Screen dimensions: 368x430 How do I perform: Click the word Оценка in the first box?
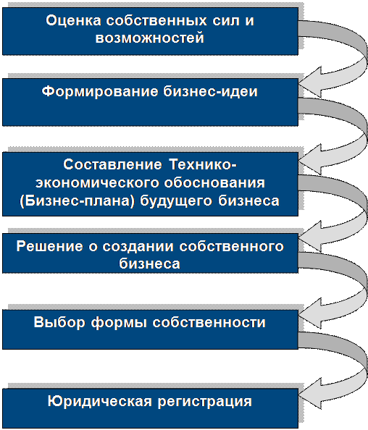click(x=73, y=21)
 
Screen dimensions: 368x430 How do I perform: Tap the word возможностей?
click(x=150, y=38)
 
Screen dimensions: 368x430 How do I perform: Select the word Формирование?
click(x=100, y=92)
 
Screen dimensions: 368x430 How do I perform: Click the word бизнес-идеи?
click(x=211, y=91)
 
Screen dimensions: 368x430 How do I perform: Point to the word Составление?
click(x=112, y=164)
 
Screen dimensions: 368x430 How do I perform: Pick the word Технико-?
click(x=203, y=164)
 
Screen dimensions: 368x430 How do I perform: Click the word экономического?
click(x=97, y=183)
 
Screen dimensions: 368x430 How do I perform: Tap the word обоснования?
click(x=214, y=182)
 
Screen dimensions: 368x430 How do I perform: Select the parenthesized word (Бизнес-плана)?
click(x=78, y=201)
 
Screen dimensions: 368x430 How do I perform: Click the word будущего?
click(x=176, y=201)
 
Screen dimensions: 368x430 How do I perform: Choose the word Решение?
click(x=50, y=246)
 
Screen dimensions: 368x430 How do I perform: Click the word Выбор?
click(x=59, y=323)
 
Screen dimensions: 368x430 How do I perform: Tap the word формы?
click(x=119, y=323)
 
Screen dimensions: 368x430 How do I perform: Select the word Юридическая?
click(x=100, y=402)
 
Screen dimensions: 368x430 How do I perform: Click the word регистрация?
click(x=205, y=402)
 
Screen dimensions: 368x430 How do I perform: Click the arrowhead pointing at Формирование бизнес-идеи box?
click(x=309, y=82)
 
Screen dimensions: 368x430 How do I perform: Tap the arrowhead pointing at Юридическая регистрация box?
click(x=309, y=393)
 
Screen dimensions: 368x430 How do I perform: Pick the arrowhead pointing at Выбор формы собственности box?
click(x=309, y=313)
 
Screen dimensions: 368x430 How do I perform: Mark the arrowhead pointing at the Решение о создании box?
click(x=309, y=237)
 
